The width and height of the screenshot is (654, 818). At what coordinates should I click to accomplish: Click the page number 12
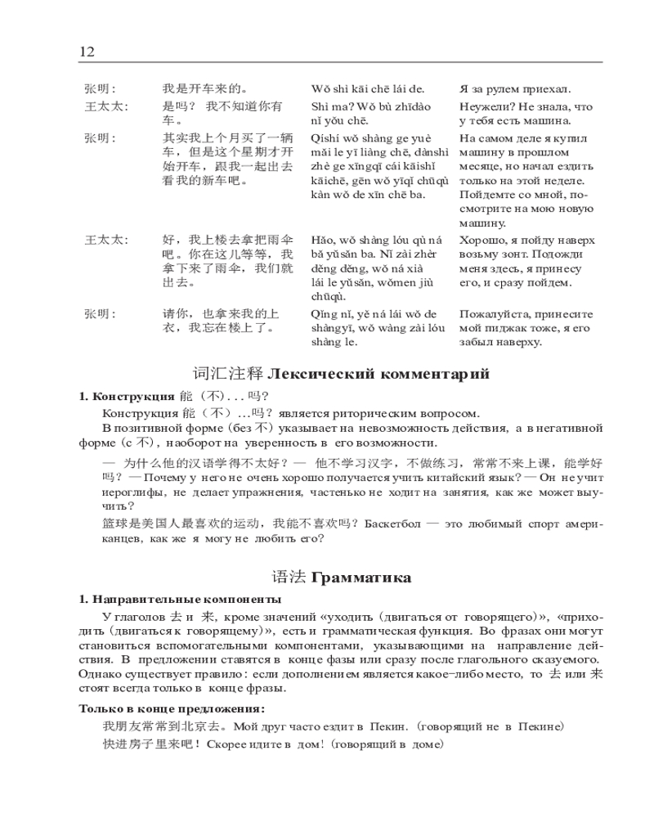pyautogui.click(x=87, y=52)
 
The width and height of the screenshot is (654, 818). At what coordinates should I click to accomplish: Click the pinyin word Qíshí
pyautogui.click(x=325, y=137)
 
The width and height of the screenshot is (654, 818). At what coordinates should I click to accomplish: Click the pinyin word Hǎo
pyautogui.click(x=322, y=240)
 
